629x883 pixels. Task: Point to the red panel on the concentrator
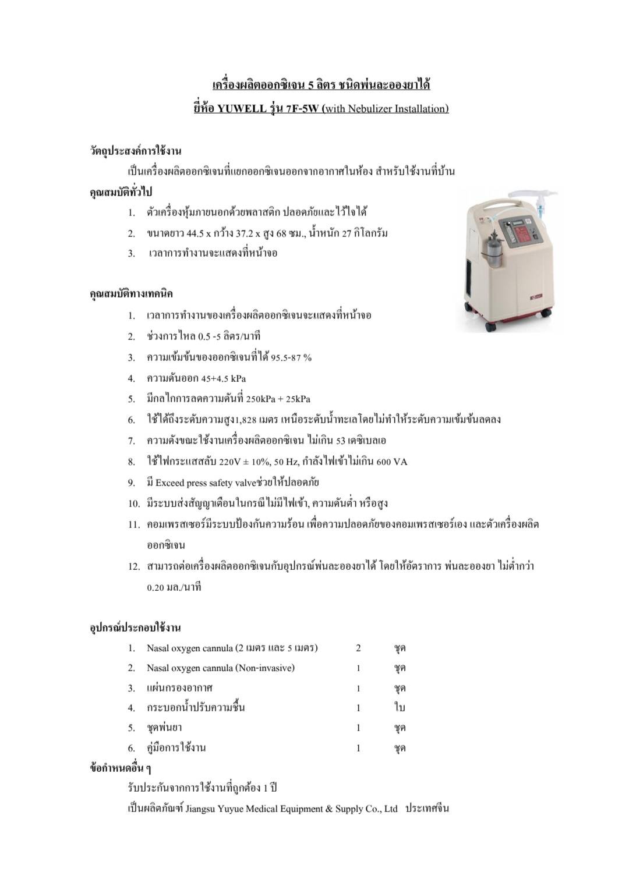[525, 236]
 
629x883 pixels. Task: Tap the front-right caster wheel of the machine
[546, 313]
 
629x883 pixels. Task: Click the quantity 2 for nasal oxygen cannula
[358, 648]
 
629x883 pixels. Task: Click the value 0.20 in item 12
[156, 587]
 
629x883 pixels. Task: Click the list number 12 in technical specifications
[134, 566]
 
